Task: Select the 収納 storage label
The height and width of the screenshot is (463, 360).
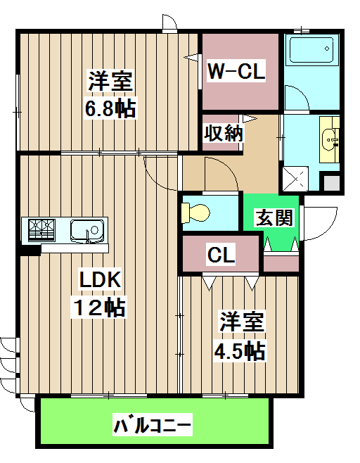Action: coord(224,133)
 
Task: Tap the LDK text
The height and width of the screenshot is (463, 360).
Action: coord(101,280)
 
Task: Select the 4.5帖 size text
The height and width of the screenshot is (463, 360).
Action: coord(240,350)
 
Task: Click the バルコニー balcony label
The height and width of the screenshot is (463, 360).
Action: coord(152,426)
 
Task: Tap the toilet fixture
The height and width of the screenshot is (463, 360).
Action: coord(196,212)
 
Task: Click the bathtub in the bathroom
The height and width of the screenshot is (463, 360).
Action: coord(310,51)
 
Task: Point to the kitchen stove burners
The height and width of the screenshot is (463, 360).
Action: coord(41,229)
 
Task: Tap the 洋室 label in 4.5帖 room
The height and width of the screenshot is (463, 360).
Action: coord(240,323)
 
